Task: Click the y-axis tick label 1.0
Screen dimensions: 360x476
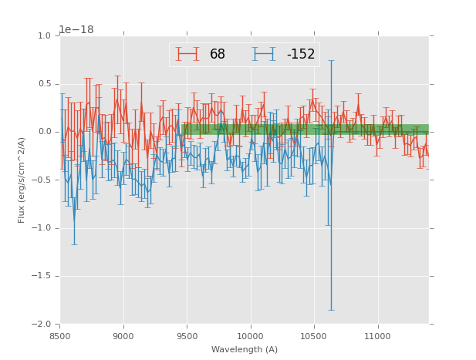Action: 43,36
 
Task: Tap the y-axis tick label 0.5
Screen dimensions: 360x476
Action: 43,84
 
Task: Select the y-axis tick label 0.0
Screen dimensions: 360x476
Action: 43,132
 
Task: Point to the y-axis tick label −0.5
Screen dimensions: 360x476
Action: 41,180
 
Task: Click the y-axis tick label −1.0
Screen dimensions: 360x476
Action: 41,228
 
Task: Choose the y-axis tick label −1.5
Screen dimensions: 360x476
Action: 41,276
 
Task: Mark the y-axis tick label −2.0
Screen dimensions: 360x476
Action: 41,325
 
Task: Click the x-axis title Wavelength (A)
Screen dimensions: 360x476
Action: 245,349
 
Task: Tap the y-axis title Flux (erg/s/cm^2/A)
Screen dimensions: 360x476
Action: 22,180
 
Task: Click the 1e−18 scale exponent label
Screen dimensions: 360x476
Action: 76,29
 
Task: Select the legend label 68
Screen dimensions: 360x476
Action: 218,55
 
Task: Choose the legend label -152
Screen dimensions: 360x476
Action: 301,55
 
